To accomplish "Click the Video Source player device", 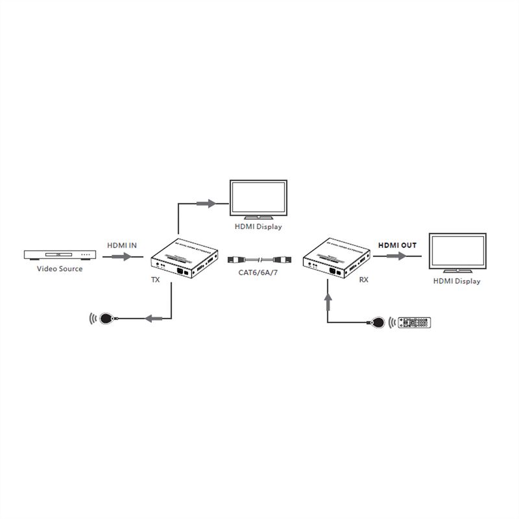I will coord(62,256).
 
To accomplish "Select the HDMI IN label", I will coord(122,245).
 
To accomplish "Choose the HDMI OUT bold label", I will coord(397,245).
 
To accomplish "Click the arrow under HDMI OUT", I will coord(396,257).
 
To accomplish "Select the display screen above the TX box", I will coord(258,198).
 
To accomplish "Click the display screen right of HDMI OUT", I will coord(457,253).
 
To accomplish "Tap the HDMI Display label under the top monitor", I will coord(258,227).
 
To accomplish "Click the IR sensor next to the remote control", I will coord(380,321).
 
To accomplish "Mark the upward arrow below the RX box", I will coord(328,300).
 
